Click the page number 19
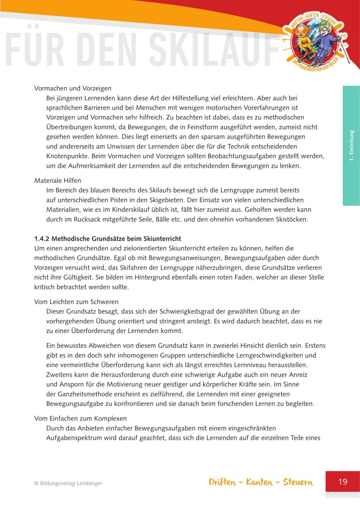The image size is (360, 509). coord(342,482)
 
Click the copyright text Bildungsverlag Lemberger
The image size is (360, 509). coord(68,483)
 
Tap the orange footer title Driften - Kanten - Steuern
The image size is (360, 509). coord(261,482)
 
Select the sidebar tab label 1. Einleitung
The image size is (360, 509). coord(351,145)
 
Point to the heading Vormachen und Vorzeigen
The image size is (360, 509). coord(73,88)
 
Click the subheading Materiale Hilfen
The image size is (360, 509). coord(58,180)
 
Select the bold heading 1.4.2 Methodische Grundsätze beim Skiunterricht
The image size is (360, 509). coord(108,238)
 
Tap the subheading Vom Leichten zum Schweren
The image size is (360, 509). coord(76,302)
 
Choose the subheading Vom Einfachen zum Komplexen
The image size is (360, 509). coord(81,418)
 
